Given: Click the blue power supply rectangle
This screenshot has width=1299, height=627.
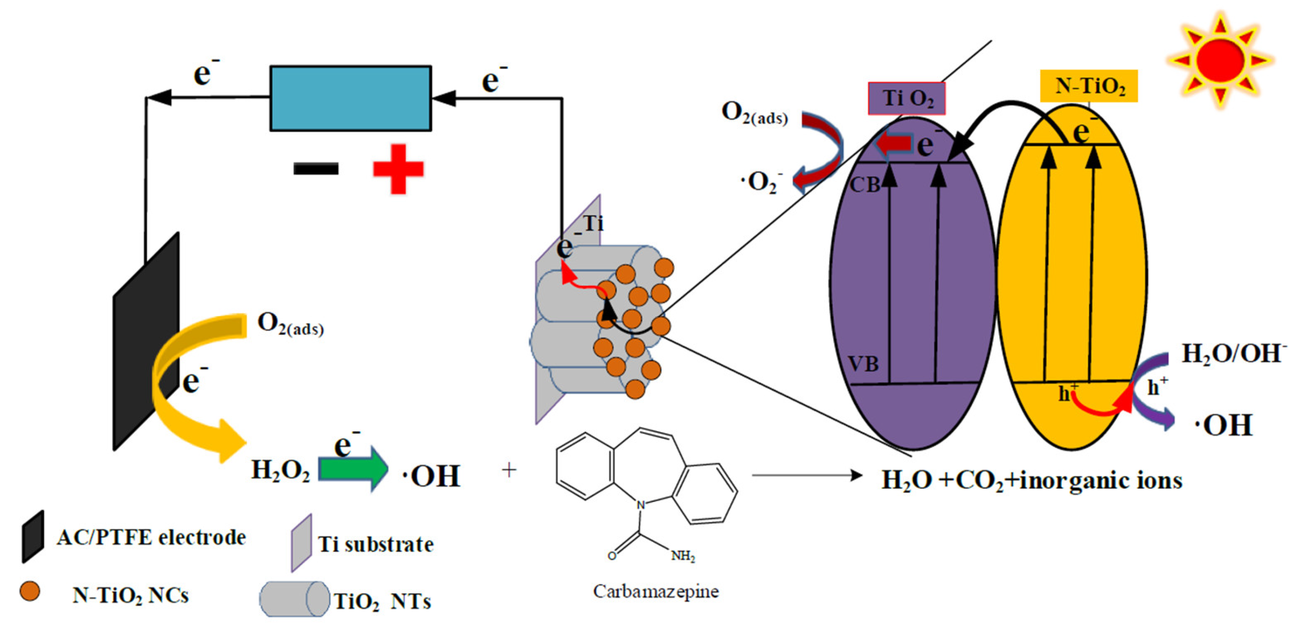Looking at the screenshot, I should (x=350, y=99).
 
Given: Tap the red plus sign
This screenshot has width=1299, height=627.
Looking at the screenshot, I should (x=398, y=169).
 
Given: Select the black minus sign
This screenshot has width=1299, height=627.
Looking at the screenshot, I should (x=315, y=168).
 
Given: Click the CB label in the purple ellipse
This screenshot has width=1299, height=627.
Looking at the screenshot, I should (x=864, y=185).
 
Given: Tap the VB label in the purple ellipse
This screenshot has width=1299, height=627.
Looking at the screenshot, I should (x=863, y=364).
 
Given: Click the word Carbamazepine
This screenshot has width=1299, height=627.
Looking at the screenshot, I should (x=656, y=591).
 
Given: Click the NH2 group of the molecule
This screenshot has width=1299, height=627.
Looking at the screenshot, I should (x=683, y=556).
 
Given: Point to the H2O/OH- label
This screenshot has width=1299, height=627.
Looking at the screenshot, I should (x=1233, y=353).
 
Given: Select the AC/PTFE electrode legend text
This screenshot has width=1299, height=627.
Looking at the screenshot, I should (x=151, y=537).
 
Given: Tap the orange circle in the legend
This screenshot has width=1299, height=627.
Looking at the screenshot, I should (x=30, y=591).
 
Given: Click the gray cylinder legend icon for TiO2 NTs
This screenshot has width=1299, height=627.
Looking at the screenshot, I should (x=294, y=599).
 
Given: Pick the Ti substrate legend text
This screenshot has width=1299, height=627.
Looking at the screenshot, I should (x=376, y=544).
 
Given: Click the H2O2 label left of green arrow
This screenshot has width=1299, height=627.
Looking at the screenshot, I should (x=281, y=470).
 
